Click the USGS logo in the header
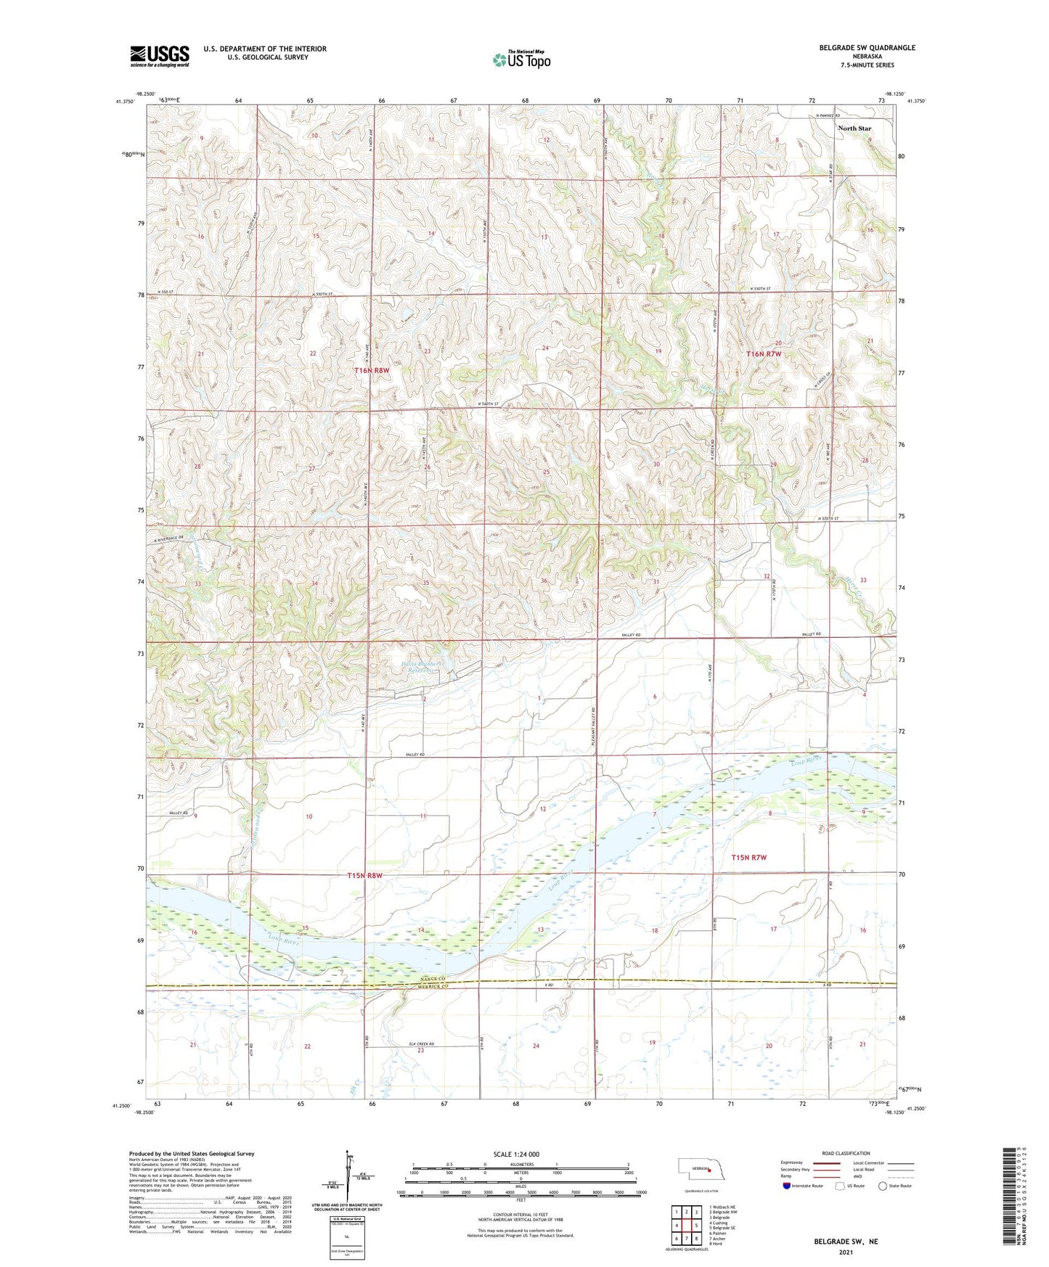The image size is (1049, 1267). pos(160,56)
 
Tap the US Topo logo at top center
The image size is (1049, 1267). pos(521,59)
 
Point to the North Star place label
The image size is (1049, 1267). pos(854,128)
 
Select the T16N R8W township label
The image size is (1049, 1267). pos(372,370)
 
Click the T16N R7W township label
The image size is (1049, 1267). pos(764,353)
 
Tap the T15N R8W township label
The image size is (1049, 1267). pos(364,876)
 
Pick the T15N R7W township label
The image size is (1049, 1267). pos(749,858)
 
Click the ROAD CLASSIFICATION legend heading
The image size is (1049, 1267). pos(846,1153)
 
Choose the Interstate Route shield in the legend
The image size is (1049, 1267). pos(787,1186)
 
